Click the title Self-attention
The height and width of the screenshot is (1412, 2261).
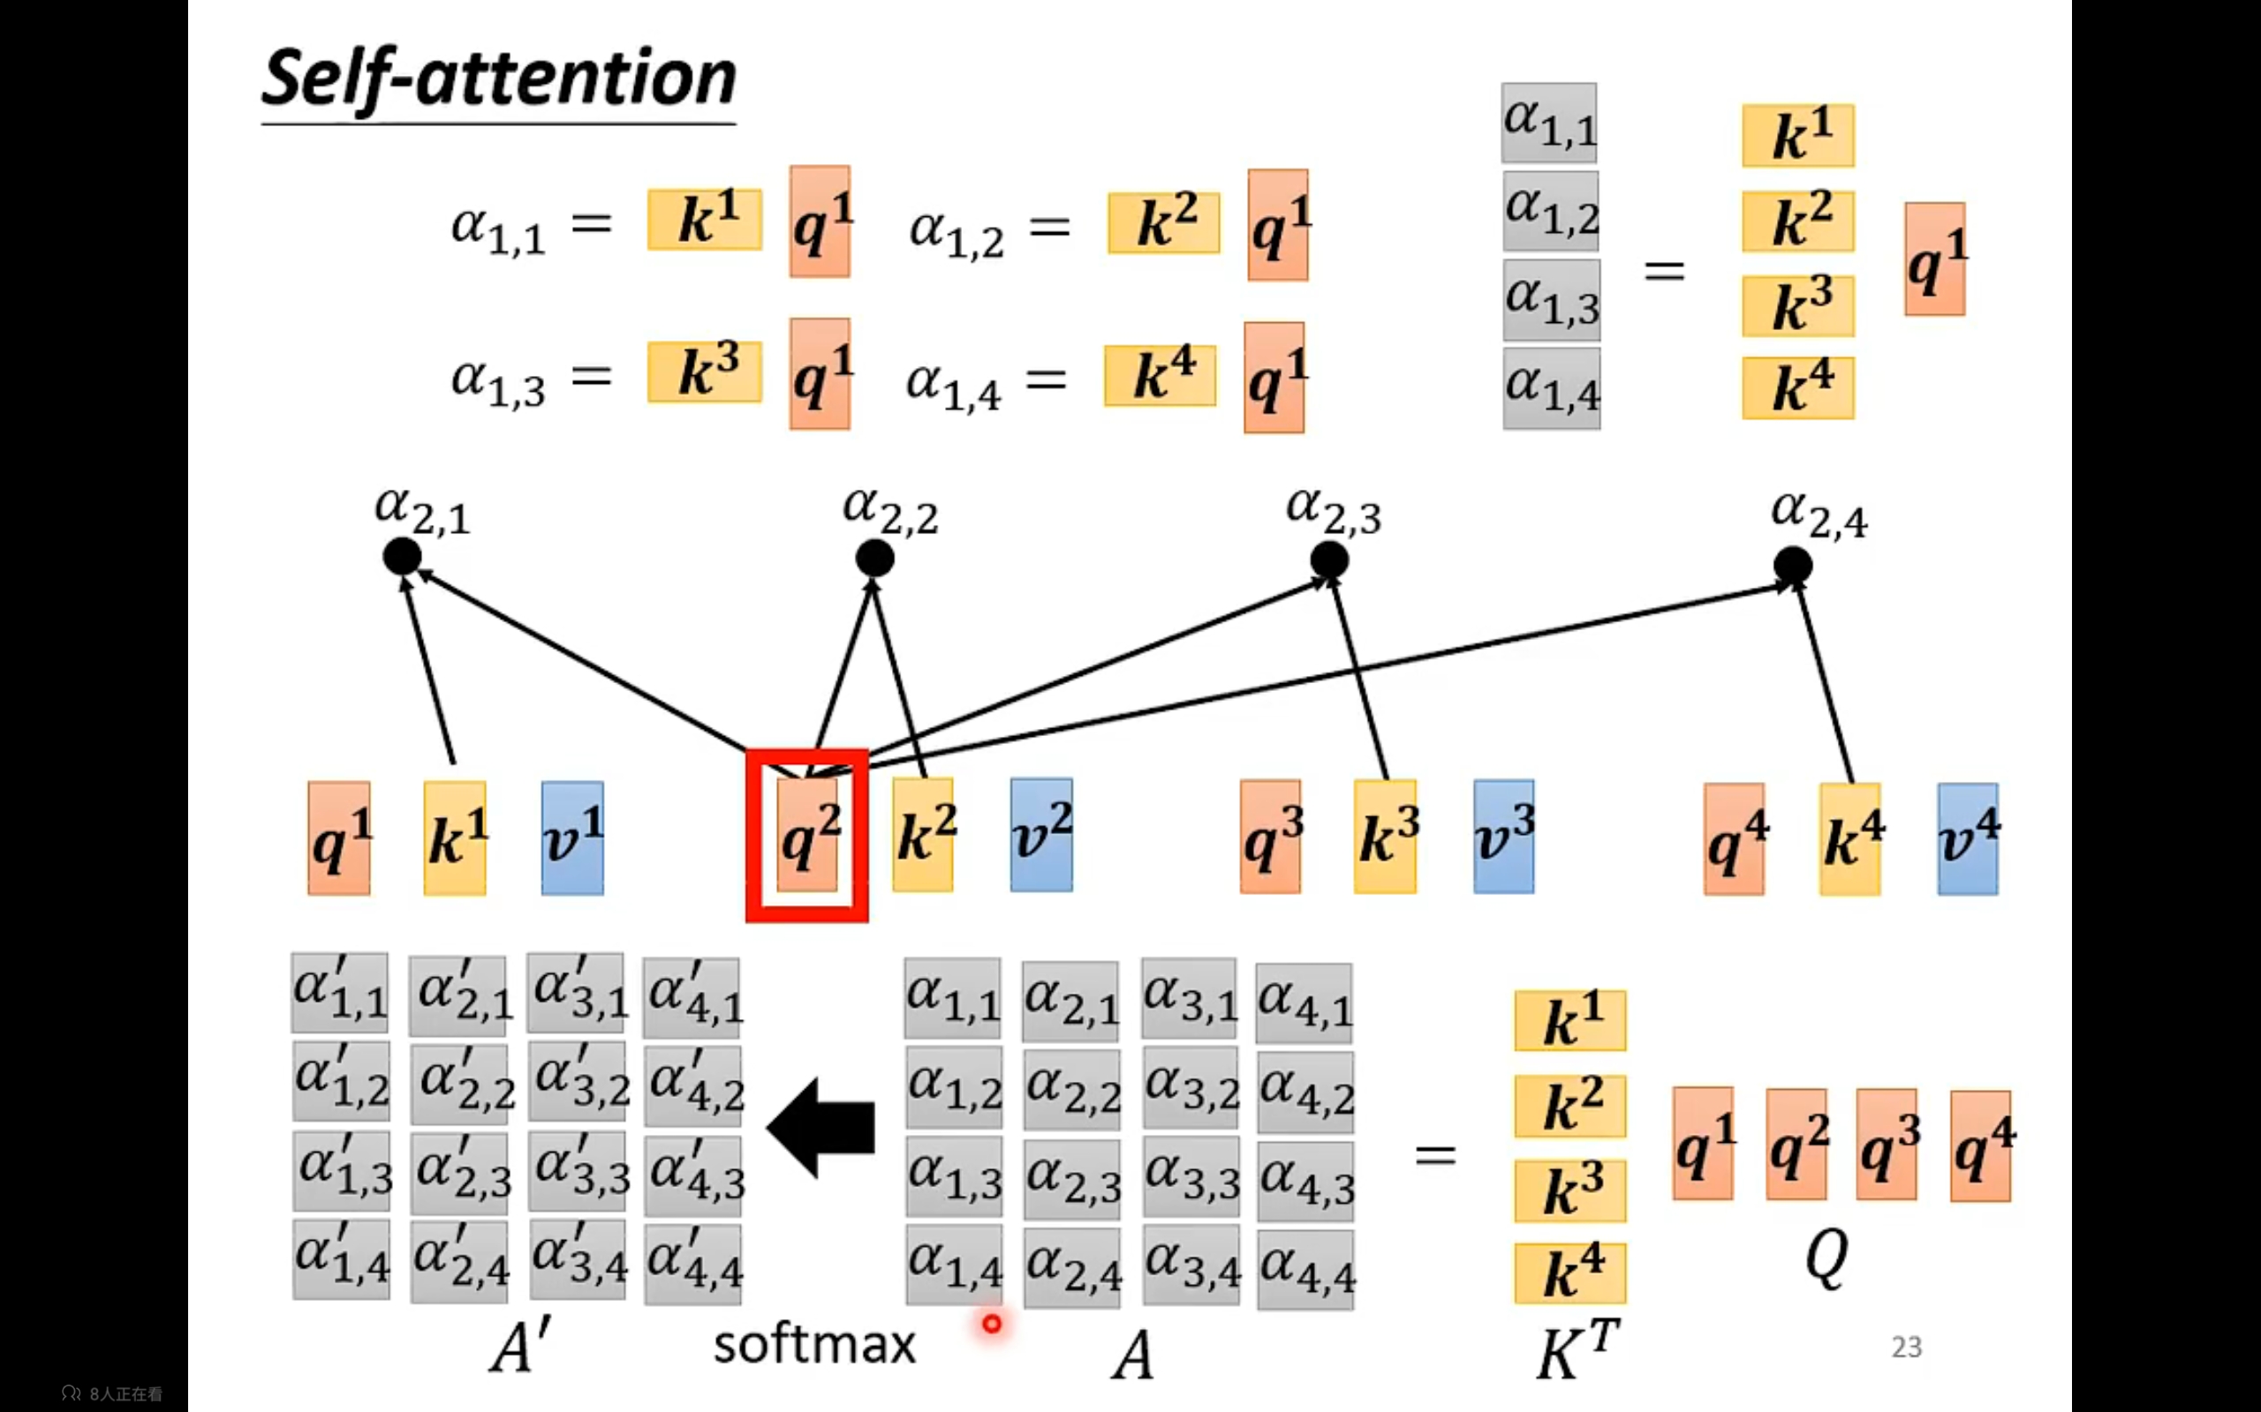pos(499,79)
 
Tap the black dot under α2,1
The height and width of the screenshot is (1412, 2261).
pos(402,557)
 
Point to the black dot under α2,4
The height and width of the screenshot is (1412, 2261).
pos(1792,565)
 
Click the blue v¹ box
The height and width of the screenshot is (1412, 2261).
pos(572,837)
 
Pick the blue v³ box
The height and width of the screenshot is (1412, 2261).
pos(1503,836)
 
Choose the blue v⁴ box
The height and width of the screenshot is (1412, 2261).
pos(1968,838)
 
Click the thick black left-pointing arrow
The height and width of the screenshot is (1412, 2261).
pos(821,1126)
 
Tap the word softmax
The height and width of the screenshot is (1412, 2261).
pos(813,1345)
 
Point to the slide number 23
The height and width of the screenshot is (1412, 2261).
pos(1906,1347)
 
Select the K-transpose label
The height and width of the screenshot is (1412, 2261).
pos(1577,1349)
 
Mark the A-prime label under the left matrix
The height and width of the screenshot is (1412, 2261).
pos(519,1348)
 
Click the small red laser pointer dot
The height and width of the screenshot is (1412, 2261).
pos(991,1323)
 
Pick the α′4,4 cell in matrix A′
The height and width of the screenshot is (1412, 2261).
pos(694,1261)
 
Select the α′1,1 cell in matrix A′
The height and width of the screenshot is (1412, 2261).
pos(340,993)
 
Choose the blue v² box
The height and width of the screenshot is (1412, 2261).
pos(1040,834)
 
